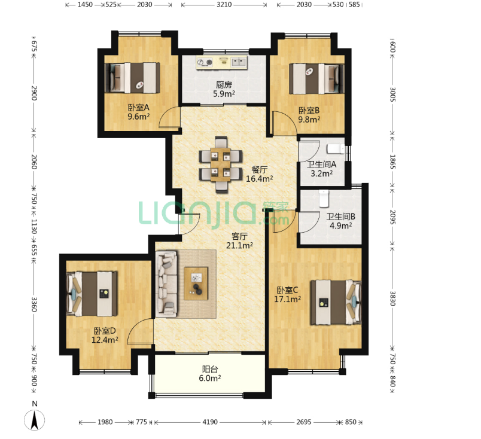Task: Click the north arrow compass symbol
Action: click(34, 420)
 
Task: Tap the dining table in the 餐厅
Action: click(221, 164)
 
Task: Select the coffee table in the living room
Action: click(196, 283)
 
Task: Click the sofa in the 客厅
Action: click(166, 284)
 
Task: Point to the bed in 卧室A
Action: click(133, 78)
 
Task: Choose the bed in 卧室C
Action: click(336, 302)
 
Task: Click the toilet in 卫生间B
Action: click(324, 198)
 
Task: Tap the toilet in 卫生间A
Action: click(336, 149)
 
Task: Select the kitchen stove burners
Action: click(205, 62)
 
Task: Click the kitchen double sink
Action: click(239, 62)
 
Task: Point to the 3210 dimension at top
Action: click(224, 5)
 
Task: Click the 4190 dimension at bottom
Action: click(210, 422)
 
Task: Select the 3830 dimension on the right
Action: click(392, 298)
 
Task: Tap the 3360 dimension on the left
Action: click(34, 304)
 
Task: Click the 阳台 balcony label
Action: click(210, 369)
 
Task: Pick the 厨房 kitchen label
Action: click(224, 85)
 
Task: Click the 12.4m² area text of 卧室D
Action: click(105, 340)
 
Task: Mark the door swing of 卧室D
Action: click(141, 331)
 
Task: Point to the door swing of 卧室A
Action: click(169, 117)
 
